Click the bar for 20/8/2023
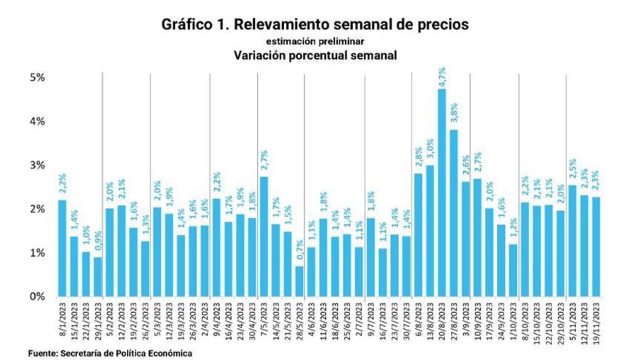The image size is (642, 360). (442, 192)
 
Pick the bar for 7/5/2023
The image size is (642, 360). (264, 236)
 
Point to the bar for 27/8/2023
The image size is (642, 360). (454, 212)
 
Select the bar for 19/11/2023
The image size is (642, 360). (596, 246)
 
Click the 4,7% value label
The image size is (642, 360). (442, 76)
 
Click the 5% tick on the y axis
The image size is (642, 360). (36, 77)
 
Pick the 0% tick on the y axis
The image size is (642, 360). (36, 297)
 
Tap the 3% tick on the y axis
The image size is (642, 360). (36, 165)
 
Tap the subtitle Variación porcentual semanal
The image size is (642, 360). (315, 55)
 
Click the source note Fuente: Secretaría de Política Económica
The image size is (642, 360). (101, 352)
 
